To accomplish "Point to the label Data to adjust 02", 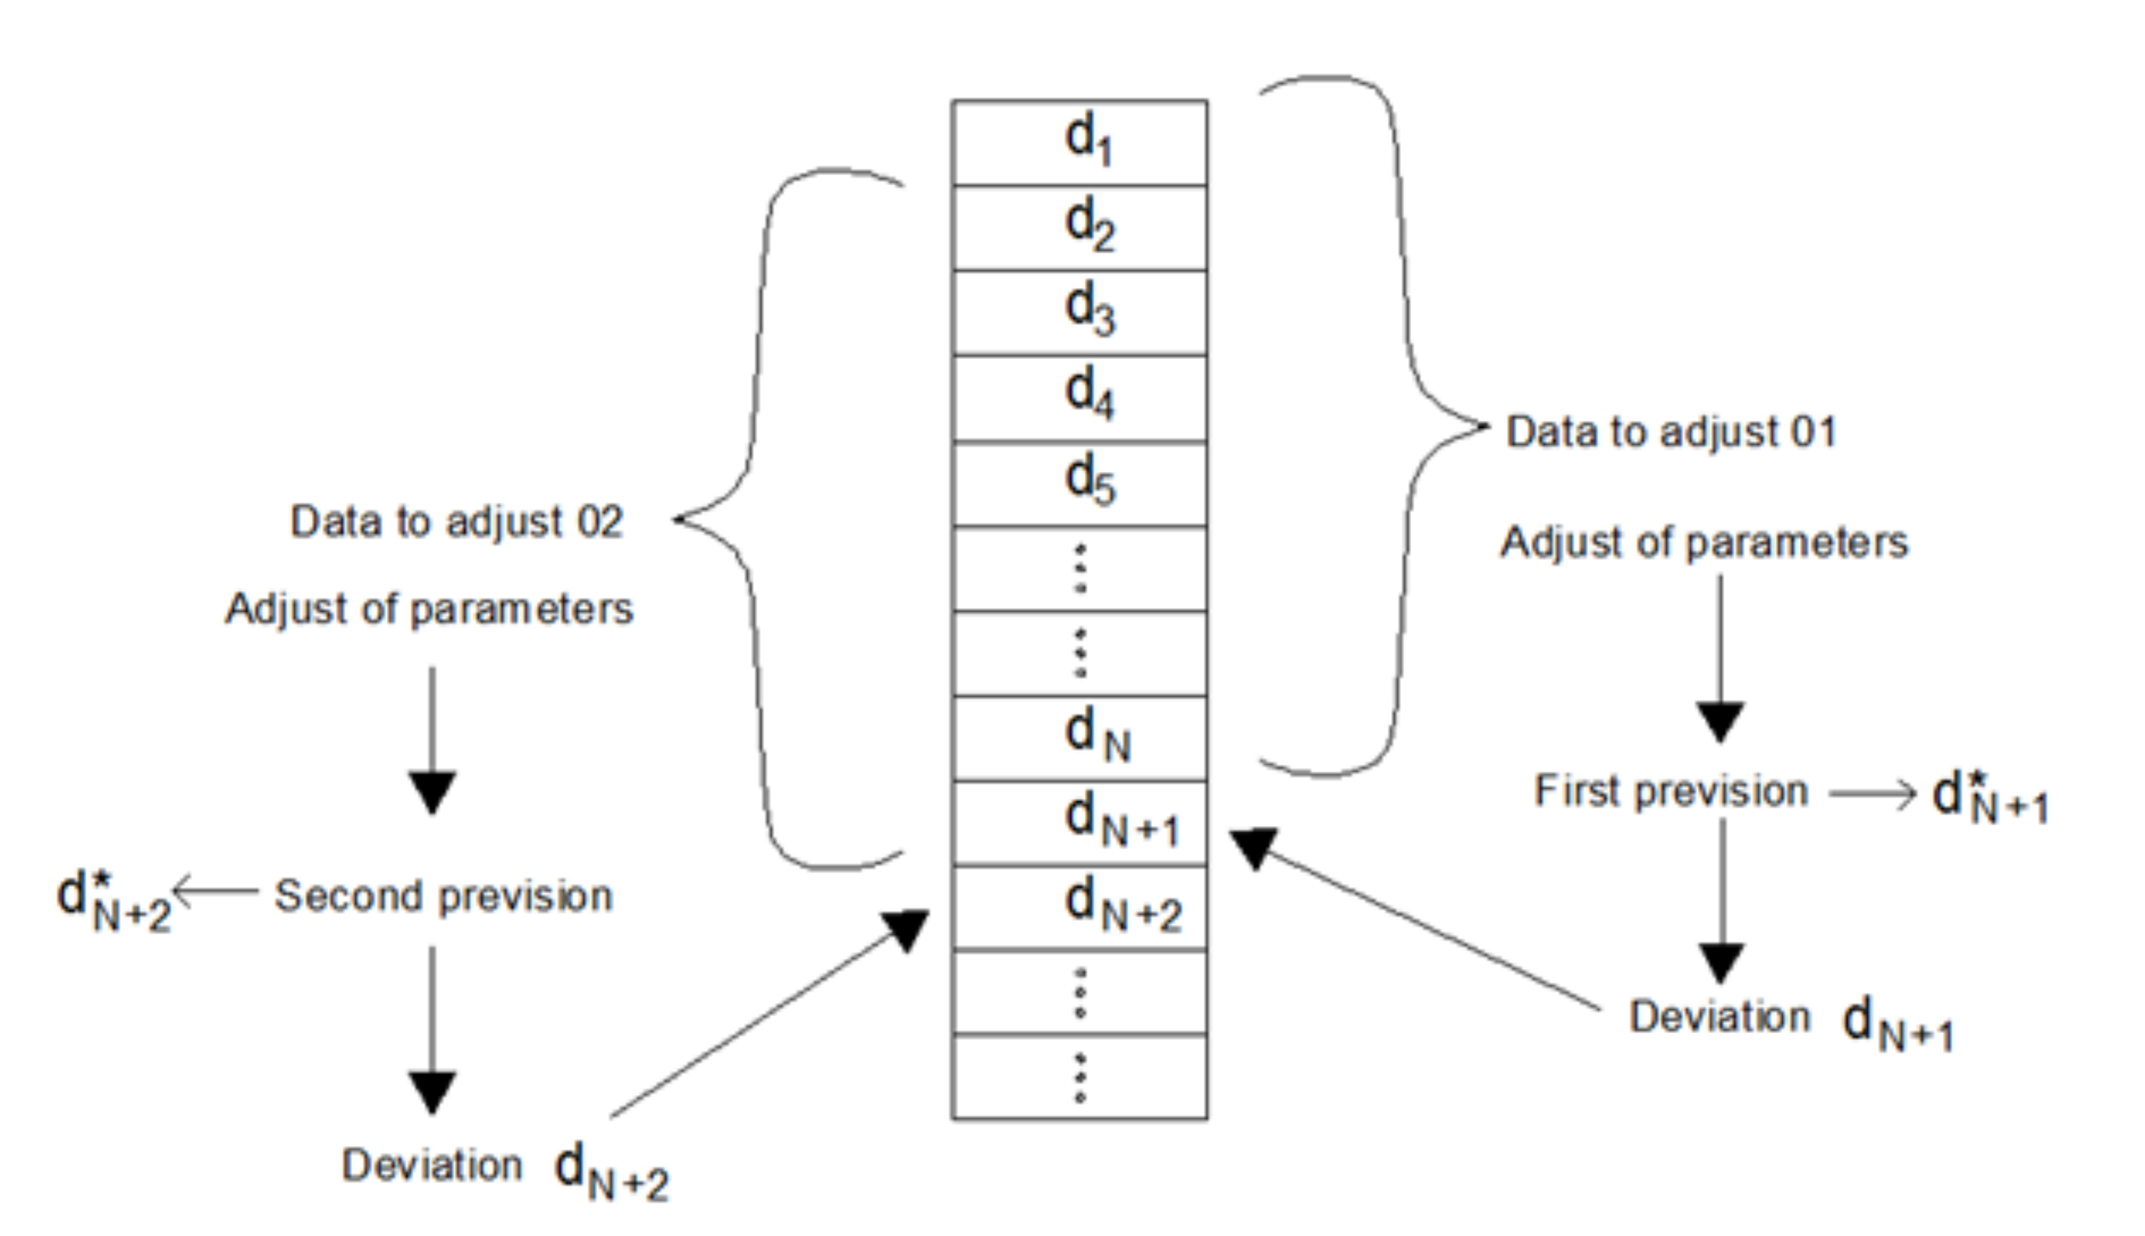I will coord(457,521).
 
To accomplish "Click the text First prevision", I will coord(1671,791).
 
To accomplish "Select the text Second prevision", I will coord(443,895).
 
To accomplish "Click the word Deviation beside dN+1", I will coord(1719,1016).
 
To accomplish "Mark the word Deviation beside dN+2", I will coord(431,1165).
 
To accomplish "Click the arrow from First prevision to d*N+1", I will coord(1872,794).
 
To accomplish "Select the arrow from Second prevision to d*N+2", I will coord(216,892).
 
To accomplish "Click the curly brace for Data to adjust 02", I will coord(756,518).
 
